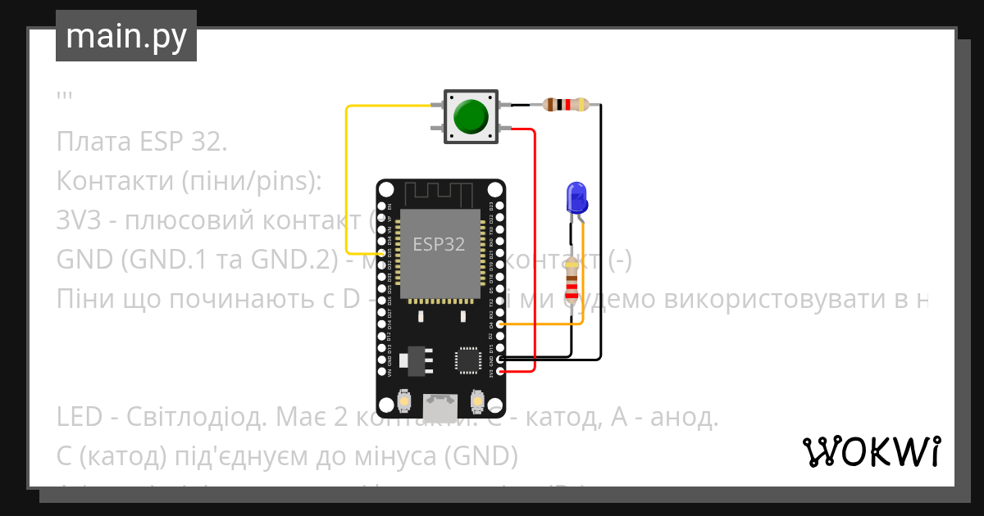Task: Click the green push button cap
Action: pyautogui.click(x=471, y=116)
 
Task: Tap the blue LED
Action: pyautogui.click(x=577, y=197)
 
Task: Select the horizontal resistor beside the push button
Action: pyautogui.click(x=566, y=104)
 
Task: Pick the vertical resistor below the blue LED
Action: pyautogui.click(x=572, y=279)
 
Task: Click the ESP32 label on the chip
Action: pyautogui.click(x=439, y=244)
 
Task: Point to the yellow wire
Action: pyautogui.click(x=347, y=180)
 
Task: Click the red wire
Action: pyautogui.click(x=535, y=246)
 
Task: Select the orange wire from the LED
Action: pyautogui.click(x=582, y=278)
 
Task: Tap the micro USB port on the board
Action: pyautogui.click(x=440, y=407)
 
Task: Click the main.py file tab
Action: pyautogui.click(x=126, y=36)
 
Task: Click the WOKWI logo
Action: pyautogui.click(x=871, y=451)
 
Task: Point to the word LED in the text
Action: pyautogui.click(x=80, y=418)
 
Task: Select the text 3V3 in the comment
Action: pyautogui.click(x=77, y=220)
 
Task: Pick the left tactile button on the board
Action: pyautogui.click(x=403, y=401)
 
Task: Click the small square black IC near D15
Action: pyautogui.click(x=468, y=360)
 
